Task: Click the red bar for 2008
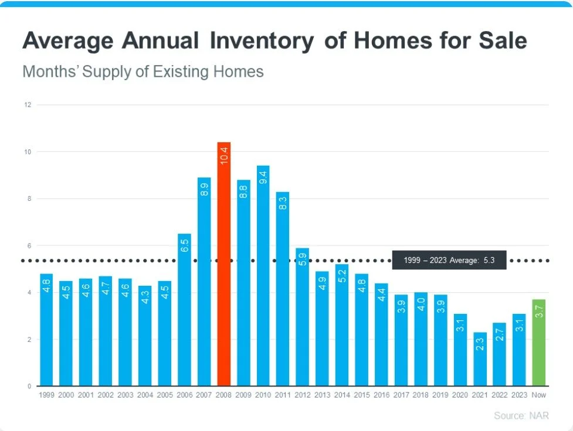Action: click(x=223, y=264)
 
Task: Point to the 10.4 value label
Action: click(x=224, y=156)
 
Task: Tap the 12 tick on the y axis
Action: click(x=27, y=105)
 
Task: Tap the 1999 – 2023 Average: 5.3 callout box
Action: click(x=449, y=260)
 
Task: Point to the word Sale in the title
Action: click(x=499, y=41)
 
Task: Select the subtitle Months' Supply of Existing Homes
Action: click(x=143, y=72)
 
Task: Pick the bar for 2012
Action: click(x=303, y=317)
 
